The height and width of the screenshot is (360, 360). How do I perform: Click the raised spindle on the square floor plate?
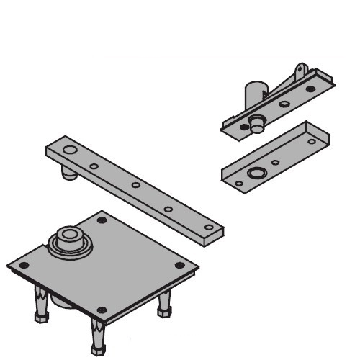tap(68, 238)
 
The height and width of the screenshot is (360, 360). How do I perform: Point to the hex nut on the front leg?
tap(97, 349)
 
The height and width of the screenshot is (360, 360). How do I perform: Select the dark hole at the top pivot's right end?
tap(311, 89)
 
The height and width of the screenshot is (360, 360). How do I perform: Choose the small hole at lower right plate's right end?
tap(312, 142)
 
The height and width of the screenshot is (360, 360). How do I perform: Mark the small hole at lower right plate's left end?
tap(239, 183)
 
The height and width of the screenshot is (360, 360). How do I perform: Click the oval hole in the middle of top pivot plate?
tap(284, 104)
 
